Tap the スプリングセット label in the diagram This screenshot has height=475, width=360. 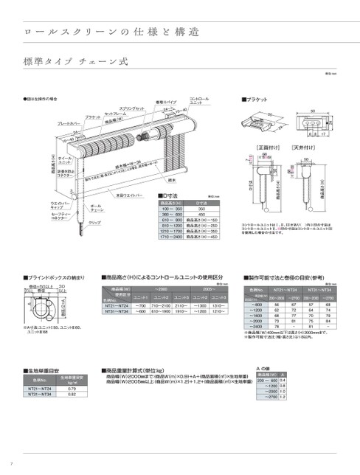[132, 108]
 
